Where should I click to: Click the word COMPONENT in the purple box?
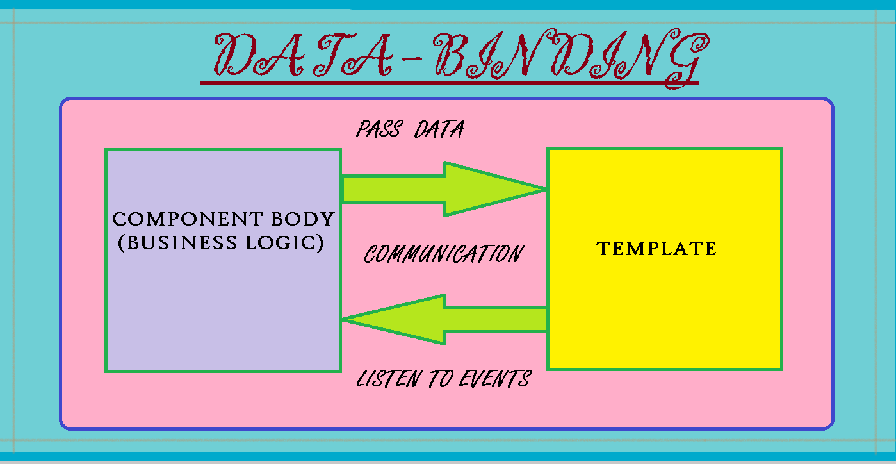[x=188, y=219]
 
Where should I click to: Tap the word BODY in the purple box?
[x=303, y=219]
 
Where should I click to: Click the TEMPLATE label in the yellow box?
[x=656, y=248]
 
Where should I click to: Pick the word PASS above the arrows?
[x=379, y=129]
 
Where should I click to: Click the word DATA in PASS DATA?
[x=439, y=129]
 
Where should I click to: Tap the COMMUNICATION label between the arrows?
[x=444, y=254]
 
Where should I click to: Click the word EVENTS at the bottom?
[x=495, y=379]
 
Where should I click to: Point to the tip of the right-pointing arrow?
[x=546, y=189]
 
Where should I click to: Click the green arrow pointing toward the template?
[x=444, y=189]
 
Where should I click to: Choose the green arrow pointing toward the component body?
[x=444, y=319]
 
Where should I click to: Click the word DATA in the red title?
[x=303, y=54]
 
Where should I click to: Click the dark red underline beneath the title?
[x=450, y=83]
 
